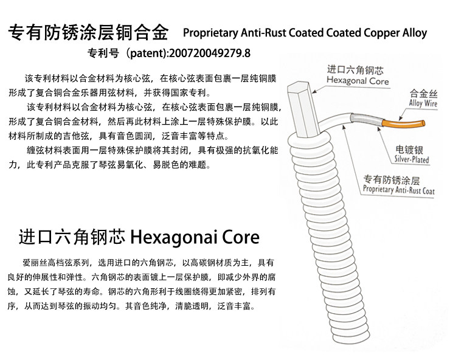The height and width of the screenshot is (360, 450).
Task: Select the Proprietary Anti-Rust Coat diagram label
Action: [399, 190]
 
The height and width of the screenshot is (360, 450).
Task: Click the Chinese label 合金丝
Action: [424, 94]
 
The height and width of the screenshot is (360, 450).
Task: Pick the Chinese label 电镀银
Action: [409, 150]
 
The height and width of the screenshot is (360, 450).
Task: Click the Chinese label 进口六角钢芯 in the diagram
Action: [355, 69]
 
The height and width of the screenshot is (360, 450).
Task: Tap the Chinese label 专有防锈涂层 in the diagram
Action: [392, 180]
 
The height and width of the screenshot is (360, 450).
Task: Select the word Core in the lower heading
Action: [242, 235]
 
